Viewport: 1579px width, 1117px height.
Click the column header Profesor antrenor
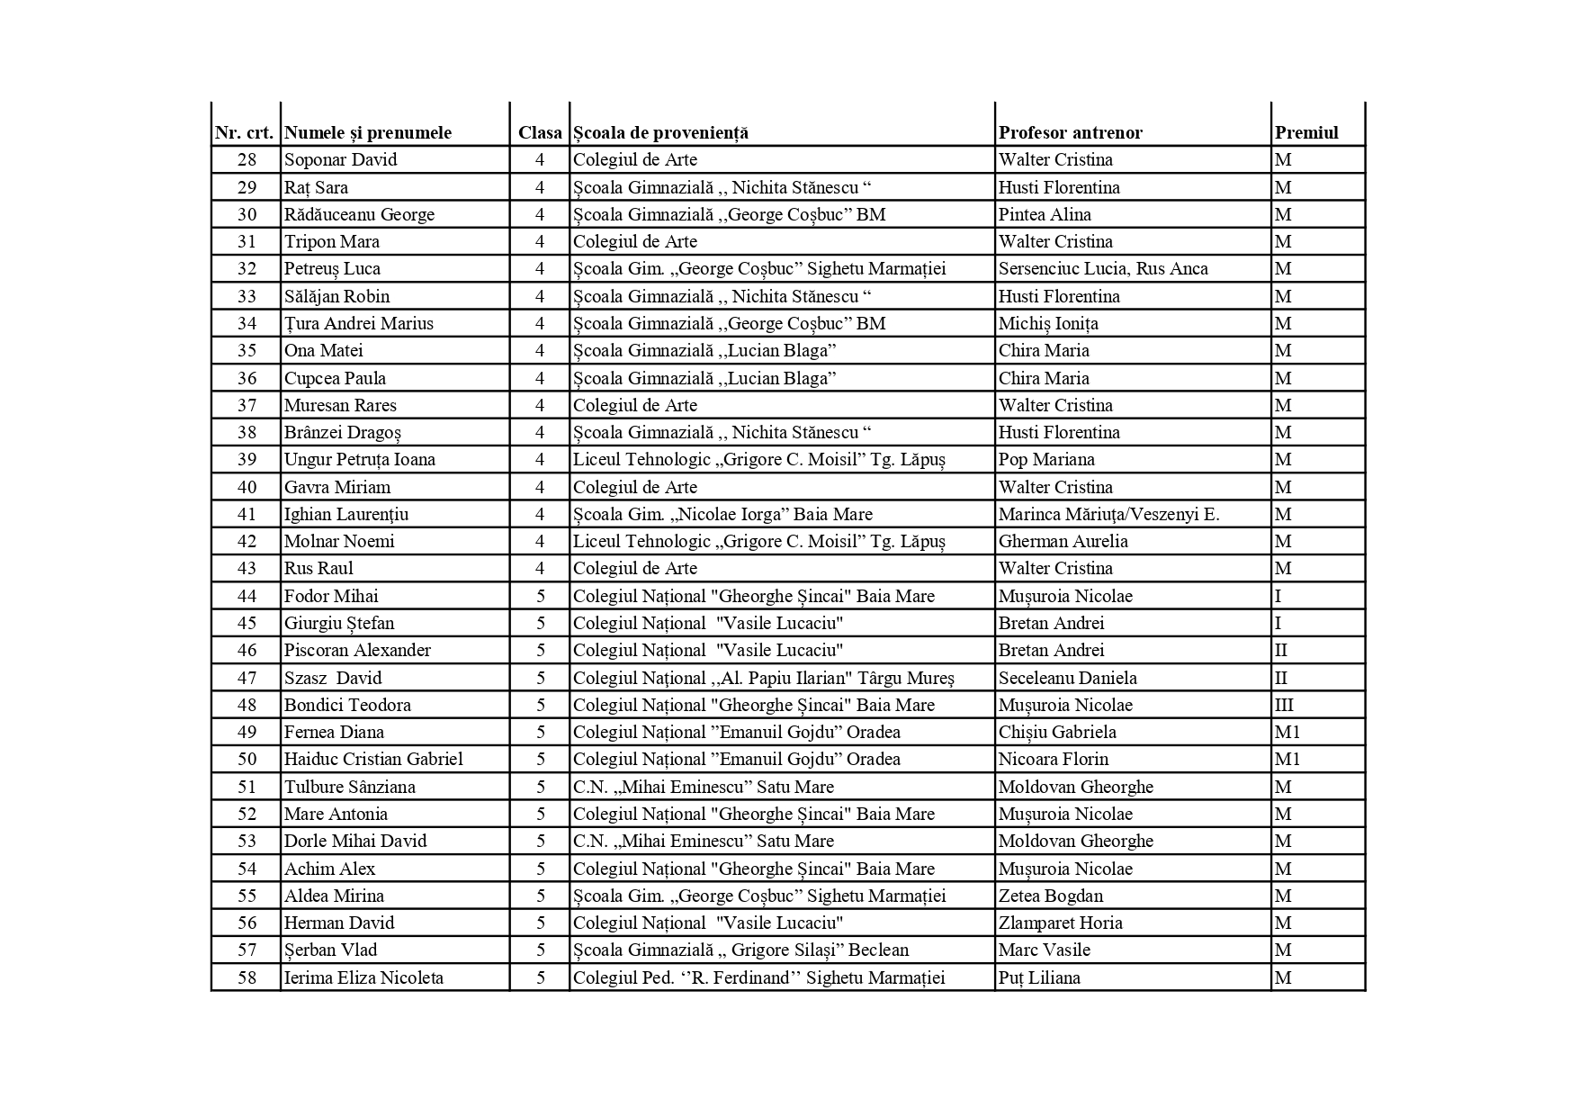[x=1070, y=132]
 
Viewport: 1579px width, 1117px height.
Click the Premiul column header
[x=1306, y=132]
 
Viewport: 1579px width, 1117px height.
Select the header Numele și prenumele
[x=367, y=132]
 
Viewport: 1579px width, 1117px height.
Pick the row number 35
[x=247, y=350]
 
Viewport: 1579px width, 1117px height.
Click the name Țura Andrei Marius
[x=358, y=323]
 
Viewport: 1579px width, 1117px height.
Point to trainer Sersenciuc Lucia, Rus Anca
[x=1103, y=268]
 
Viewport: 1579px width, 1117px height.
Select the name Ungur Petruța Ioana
[x=359, y=459]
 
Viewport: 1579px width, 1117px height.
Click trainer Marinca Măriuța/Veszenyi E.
[x=1108, y=514]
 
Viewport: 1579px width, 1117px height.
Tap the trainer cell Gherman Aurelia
[x=1063, y=541]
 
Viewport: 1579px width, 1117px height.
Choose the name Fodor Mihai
[x=331, y=596]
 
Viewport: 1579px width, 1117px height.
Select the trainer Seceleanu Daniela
[x=1067, y=678]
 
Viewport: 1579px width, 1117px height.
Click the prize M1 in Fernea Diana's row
[x=1287, y=732]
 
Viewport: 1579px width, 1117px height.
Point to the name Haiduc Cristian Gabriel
[x=373, y=759]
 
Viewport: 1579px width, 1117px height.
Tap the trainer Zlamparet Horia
[x=1060, y=923]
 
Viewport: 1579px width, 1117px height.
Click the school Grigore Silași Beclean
[x=740, y=950]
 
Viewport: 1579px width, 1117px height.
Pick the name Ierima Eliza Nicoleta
[x=363, y=977]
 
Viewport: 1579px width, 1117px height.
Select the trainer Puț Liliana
[x=1039, y=977]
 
